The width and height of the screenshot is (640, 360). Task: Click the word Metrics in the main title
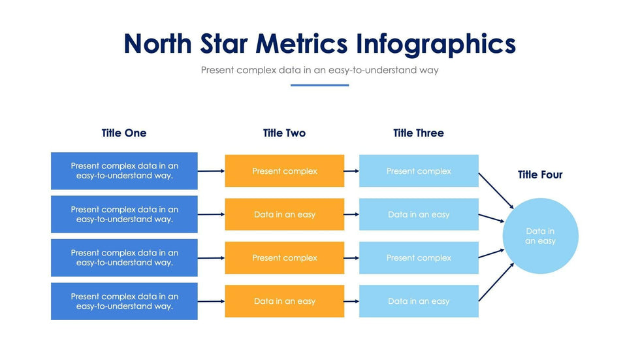point(302,44)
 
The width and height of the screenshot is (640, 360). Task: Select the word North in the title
point(157,44)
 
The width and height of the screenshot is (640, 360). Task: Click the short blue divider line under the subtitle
point(319,86)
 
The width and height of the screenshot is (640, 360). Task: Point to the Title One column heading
point(124,133)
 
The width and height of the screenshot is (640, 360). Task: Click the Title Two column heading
point(285,133)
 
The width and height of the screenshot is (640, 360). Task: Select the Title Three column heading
point(419,133)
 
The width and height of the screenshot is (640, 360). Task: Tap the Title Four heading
point(540,174)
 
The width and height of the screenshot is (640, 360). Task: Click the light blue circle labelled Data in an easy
point(541,236)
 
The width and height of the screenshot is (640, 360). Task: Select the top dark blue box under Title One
point(124,171)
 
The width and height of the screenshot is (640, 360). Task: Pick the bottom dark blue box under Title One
point(124,301)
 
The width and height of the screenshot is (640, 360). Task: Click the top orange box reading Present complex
point(285,171)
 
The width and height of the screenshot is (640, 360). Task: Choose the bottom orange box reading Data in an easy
point(285,301)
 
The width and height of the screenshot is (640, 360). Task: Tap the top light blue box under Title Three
point(419,171)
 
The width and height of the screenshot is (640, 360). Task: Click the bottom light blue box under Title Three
point(419,301)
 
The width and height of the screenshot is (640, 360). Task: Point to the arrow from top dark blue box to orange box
point(211,171)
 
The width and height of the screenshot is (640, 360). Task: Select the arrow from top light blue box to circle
point(496,191)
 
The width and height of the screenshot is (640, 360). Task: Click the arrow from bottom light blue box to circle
point(496,282)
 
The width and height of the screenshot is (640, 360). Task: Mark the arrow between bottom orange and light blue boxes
point(351,301)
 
